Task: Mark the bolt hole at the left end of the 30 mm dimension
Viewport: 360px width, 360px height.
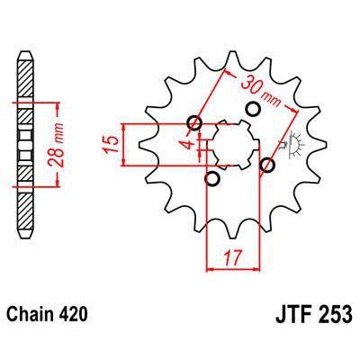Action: point(194,123)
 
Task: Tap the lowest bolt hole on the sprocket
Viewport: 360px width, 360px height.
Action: point(212,179)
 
